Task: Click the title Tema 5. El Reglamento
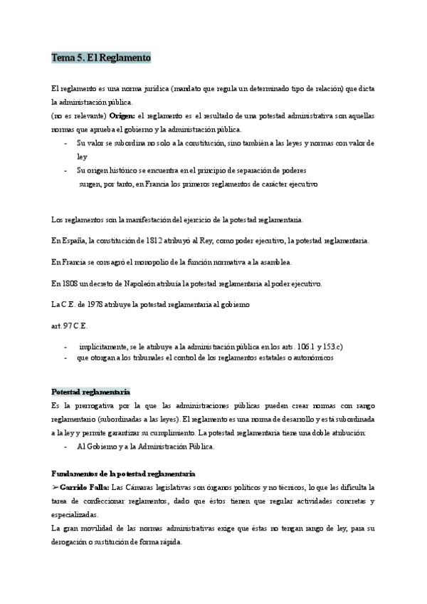pos(100,58)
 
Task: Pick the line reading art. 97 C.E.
pos(69,326)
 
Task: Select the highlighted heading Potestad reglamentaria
pos(90,392)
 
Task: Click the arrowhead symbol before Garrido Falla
pos(56,487)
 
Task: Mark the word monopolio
pos(153,263)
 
